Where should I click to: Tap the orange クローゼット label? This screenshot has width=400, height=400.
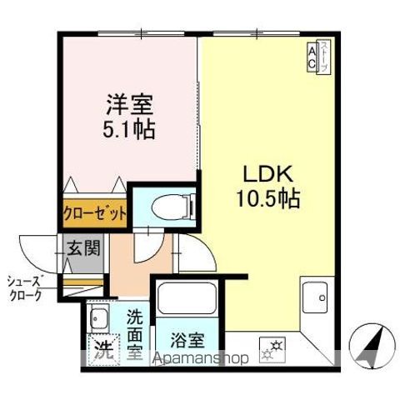pos(95,213)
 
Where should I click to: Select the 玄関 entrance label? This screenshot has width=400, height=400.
pos(83,248)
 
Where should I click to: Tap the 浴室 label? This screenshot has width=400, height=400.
pos(187,340)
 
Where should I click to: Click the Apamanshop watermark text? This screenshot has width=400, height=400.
pos(200,358)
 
